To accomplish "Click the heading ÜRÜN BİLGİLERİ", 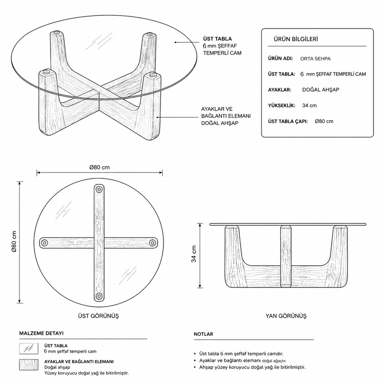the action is click(295, 39).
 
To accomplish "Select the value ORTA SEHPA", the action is click(315, 59).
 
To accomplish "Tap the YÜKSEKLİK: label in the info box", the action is click(281, 105).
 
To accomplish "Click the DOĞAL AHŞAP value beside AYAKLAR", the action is click(320, 90).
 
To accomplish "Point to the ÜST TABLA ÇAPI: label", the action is click(288, 121).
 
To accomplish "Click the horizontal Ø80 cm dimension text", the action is click(99, 168).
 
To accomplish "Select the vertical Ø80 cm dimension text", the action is click(14, 241).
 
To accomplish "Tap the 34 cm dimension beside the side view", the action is click(194, 254).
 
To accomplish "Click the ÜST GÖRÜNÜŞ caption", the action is click(98, 316).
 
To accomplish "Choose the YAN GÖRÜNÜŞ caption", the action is click(286, 316).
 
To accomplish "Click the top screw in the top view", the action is click(99, 189).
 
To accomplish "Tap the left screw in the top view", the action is click(44, 243).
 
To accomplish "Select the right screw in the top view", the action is click(152, 242).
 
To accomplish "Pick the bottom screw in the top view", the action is click(99, 296).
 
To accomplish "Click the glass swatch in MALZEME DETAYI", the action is click(29, 348).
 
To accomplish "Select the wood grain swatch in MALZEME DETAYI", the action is click(29, 365).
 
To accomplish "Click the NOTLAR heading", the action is click(203, 334).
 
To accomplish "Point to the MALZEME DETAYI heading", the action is click(41, 333).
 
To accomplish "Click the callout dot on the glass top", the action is click(175, 42).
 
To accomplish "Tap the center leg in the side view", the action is click(286, 256).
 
